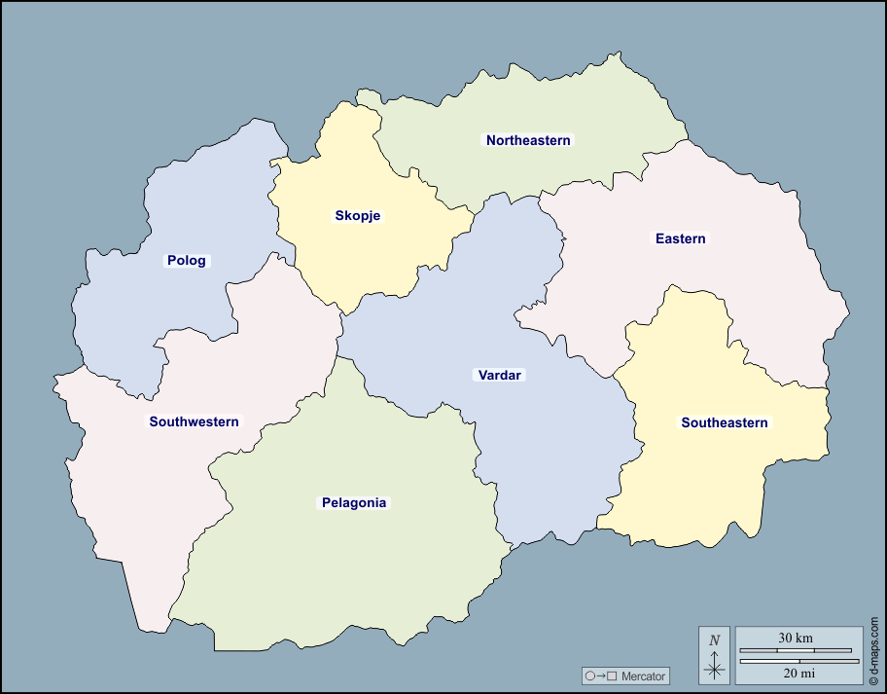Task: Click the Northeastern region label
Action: click(x=528, y=140)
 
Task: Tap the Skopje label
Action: click(x=357, y=215)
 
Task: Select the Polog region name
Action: click(x=186, y=260)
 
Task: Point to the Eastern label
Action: click(x=680, y=238)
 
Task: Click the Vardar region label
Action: click(x=500, y=375)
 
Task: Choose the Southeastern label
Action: click(x=725, y=422)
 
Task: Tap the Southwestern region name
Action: click(x=194, y=421)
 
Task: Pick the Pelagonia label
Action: click(x=354, y=502)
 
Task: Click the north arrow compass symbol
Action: click(x=715, y=667)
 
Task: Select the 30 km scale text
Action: click(x=796, y=638)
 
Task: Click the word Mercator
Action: click(x=643, y=676)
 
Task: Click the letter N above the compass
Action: click(x=715, y=640)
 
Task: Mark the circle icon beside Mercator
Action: click(x=589, y=676)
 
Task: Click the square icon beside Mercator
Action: click(x=612, y=676)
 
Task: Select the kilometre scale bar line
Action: click(x=796, y=650)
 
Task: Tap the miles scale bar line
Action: click(x=796, y=661)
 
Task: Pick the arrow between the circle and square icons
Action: click(x=601, y=676)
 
